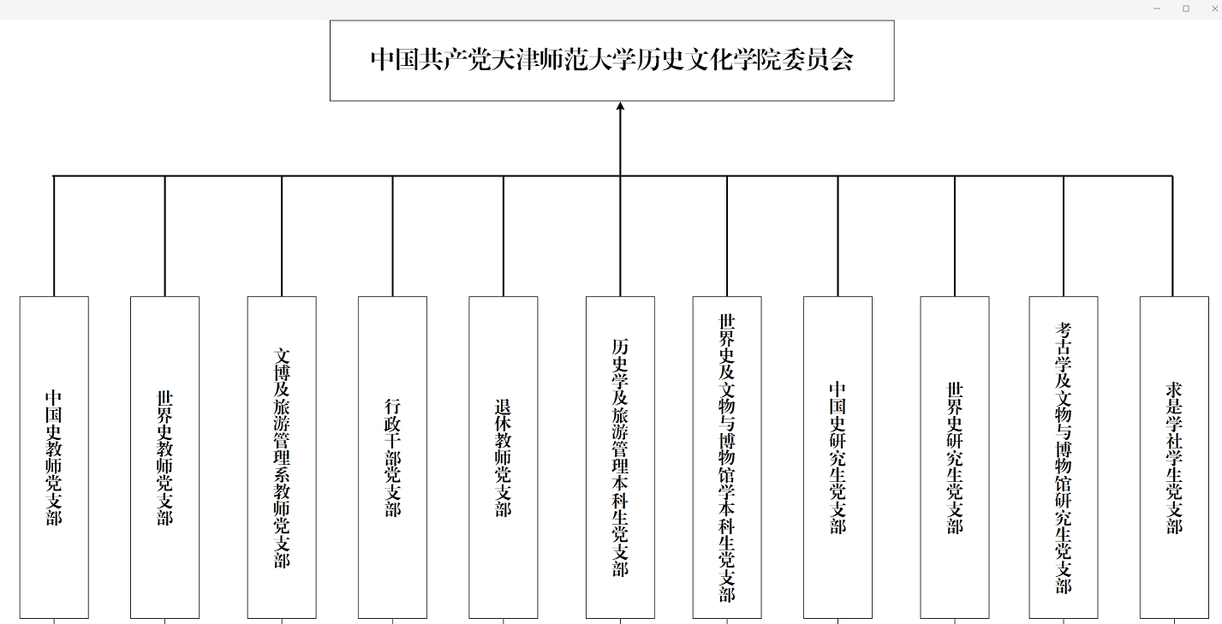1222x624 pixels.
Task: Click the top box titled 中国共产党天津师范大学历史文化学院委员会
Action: pyautogui.click(x=612, y=61)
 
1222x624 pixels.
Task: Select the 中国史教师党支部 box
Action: pyautogui.click(x=54, y=457)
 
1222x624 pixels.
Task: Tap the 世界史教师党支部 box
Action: pyautogui.click(x=164, y=457)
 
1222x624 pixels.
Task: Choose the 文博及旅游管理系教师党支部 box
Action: pyautogui.click(x=282, y=457)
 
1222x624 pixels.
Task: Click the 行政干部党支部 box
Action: pyautogui.click(x=392, y=457)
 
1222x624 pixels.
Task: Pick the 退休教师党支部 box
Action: pyautogui.click(x=503, y=457)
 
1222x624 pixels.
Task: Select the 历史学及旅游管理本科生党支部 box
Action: pyautogui.click(x=620, y=457)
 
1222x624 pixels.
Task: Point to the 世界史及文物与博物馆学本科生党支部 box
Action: pyautogui.click(x=727, y=457)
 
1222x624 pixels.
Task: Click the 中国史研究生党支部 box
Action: pyautogui.click(x=838, y=457)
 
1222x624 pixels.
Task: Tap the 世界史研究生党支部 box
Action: pyautogui.click(x=955, y=457)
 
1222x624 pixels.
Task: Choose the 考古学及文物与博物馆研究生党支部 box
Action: pyautogui.click(x=1064, y=457)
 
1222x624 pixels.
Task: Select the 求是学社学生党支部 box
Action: pyautogui.click(x=1174, y=457)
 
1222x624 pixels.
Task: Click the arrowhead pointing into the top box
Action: pyautogui.click(x=620, y=106)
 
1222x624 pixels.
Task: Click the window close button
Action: pyautogui.click(x=1215, y=9)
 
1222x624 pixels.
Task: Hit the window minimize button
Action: pyautogui.click(x=1157, y=9)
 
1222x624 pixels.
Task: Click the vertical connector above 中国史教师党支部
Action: pyautogui.click(x=54, y=236)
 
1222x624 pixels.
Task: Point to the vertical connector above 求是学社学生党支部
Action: pyautogui.click(x=1172, y=236)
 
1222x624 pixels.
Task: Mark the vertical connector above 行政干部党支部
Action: pyautogui.click(x=392, y=236)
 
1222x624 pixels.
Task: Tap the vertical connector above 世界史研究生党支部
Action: pyautogui.click(x=955, y=236)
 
